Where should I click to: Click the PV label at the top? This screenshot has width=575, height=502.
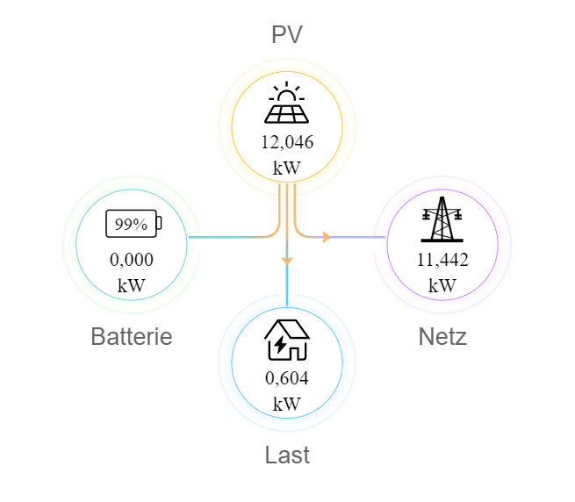(287, 35)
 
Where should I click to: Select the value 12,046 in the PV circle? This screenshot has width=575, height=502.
(287, 142)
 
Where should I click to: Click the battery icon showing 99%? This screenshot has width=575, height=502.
(133, 224)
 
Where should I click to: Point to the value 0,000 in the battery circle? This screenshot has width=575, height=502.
(132, 260)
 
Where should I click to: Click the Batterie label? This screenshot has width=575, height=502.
(132, 337)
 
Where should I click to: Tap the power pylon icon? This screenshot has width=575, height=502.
(442, 219)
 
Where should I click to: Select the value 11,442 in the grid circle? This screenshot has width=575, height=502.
(442, 260)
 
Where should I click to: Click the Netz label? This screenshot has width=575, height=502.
(442, 337)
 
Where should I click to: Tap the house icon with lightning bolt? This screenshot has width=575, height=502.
(287, 341)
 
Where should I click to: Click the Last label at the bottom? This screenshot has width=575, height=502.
(287, 455)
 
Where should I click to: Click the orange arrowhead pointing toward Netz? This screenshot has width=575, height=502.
(326, 237)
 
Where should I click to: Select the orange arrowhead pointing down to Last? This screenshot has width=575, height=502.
(287, 260)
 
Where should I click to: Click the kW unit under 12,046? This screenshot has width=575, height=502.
(287, 168)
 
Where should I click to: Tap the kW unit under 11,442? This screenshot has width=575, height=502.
(442, 285)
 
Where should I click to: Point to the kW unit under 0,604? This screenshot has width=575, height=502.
(287, 404)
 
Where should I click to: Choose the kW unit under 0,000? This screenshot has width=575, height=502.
(132, 285)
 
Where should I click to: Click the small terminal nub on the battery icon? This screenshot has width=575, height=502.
(159, 224)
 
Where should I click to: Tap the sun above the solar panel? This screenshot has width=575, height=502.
(286, 93)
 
